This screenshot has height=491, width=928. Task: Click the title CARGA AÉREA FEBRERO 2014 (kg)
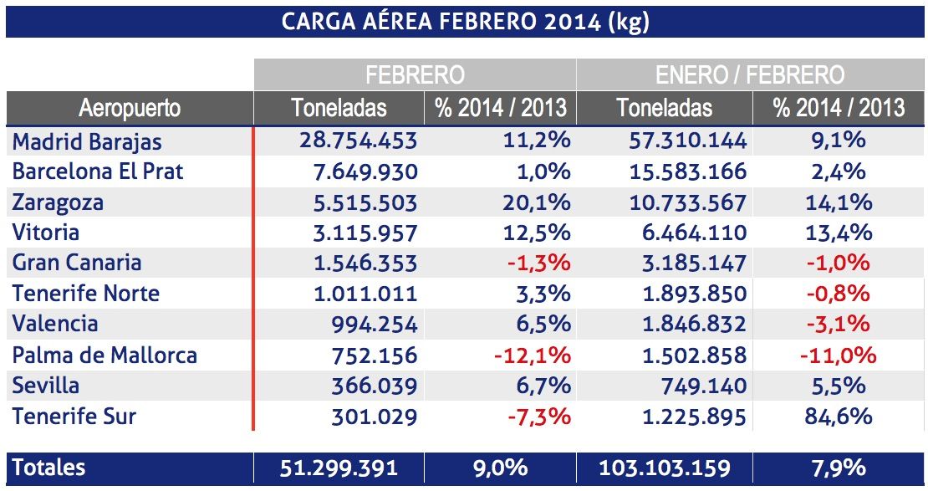click(x=465, y=22)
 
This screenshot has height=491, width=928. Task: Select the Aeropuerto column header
click(x=130, y=108)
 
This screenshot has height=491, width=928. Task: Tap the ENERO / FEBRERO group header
click(x=750, y=75)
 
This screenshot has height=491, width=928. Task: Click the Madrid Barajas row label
click(x=87, y=141)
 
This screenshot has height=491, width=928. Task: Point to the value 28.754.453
click(x=358, y=141)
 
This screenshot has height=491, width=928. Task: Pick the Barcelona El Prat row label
click(x=97, y=172)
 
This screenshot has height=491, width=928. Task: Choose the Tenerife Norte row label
click(x=85, y=294)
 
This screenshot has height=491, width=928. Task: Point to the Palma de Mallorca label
click(x=105, y=355)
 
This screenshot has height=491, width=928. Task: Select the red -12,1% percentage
click(x=532, y=355)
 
